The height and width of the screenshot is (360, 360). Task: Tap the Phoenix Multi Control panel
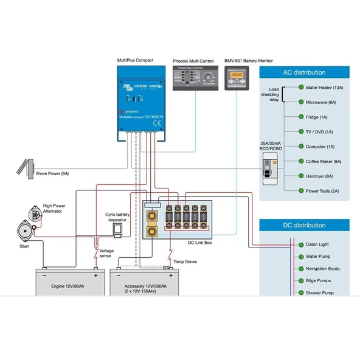click(x=195, y=78)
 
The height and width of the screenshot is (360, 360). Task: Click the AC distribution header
click(x=305, y=72)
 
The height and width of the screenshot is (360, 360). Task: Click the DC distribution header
click(x=305, y=226)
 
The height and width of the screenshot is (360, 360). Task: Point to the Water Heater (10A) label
click(x=325, y=88)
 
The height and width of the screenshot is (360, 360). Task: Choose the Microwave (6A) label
click(x=321, y=102)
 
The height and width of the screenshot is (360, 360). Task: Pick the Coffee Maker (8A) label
click(x=324, y=162)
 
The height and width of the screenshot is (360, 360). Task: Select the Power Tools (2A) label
click(x=322, y=191)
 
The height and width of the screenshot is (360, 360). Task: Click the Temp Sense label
click(x=185, y=261)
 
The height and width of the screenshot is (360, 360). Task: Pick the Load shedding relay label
click(x=270, y=94)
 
